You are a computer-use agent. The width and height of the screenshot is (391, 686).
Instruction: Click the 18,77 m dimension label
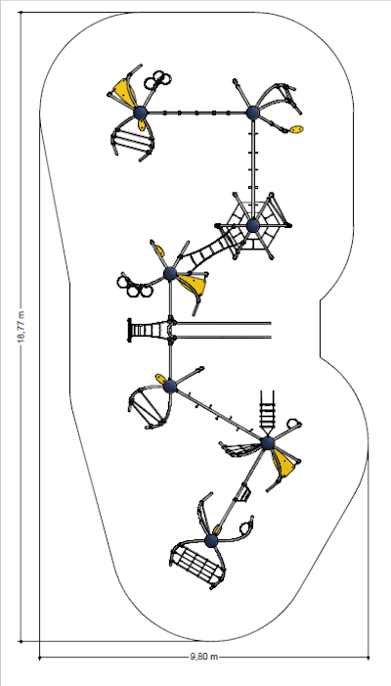22,327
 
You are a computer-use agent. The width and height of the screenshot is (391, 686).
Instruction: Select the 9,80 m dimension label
204,657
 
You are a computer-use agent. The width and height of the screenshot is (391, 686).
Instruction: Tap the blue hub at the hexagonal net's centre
253,226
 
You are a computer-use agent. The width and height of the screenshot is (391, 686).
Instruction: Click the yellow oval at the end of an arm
296,129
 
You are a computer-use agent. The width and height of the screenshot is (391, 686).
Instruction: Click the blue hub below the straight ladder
268,442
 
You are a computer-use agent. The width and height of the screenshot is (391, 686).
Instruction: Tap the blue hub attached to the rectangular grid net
211,541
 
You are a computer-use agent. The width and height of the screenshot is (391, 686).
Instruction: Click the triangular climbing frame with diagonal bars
149,407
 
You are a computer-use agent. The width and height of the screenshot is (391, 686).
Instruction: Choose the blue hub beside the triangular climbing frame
170,387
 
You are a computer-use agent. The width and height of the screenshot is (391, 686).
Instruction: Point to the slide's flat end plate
129,331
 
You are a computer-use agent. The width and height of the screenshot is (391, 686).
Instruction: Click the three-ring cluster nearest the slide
134,286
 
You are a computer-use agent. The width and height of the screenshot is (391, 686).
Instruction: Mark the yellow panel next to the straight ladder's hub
284,463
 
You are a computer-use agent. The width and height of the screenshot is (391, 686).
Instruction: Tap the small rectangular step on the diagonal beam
242,493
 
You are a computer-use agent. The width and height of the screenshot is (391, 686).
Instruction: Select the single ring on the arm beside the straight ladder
293,424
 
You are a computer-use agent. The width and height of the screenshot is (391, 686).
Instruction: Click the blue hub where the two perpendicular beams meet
253,113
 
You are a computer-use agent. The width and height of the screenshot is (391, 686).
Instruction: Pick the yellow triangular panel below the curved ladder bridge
193,284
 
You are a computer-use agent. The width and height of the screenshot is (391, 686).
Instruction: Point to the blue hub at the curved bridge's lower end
170,274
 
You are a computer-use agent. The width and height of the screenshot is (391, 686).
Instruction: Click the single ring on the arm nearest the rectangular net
246,527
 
